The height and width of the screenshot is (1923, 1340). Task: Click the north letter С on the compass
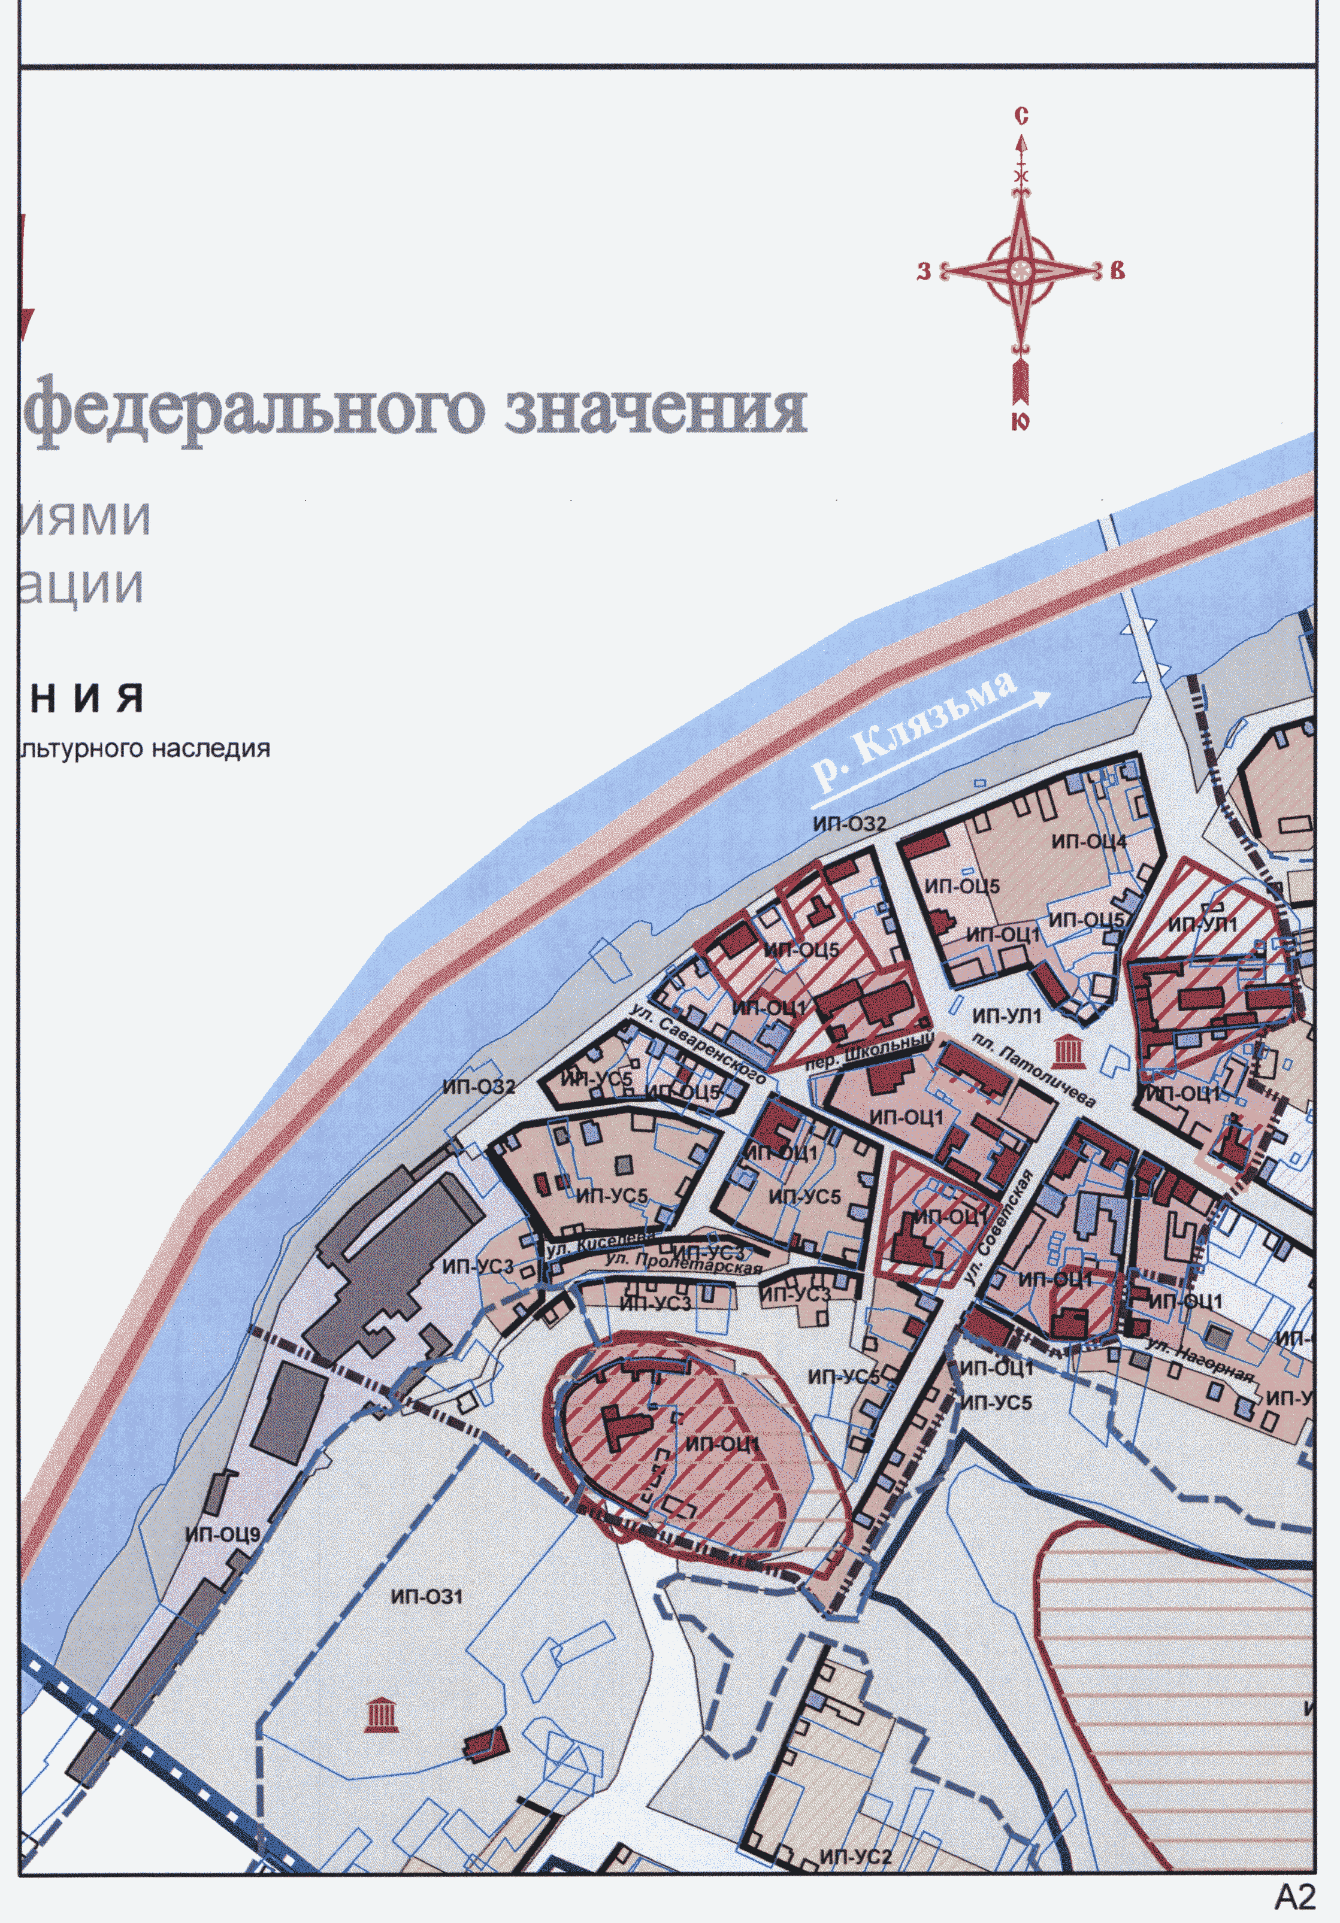point(1021,116)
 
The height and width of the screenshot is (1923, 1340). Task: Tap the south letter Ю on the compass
point(1020,421)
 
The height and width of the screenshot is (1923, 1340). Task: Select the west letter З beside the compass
point(924,271)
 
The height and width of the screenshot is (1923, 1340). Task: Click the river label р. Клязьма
point(914,730)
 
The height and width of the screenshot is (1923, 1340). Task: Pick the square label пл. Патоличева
point(1033,1069)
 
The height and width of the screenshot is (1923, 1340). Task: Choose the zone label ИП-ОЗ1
point(426,1596)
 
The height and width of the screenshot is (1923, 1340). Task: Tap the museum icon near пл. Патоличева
point(1066,1051)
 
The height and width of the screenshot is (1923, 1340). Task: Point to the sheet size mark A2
point(1294,1896)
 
